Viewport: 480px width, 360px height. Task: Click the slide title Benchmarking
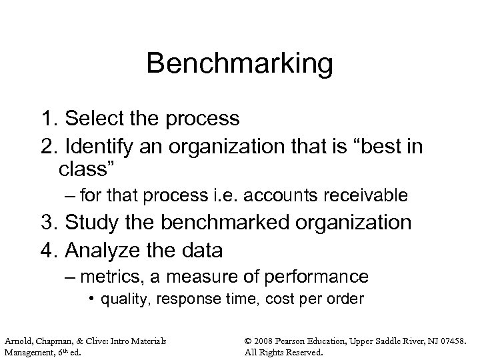(239, 64)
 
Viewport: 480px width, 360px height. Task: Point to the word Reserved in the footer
(303, 352)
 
